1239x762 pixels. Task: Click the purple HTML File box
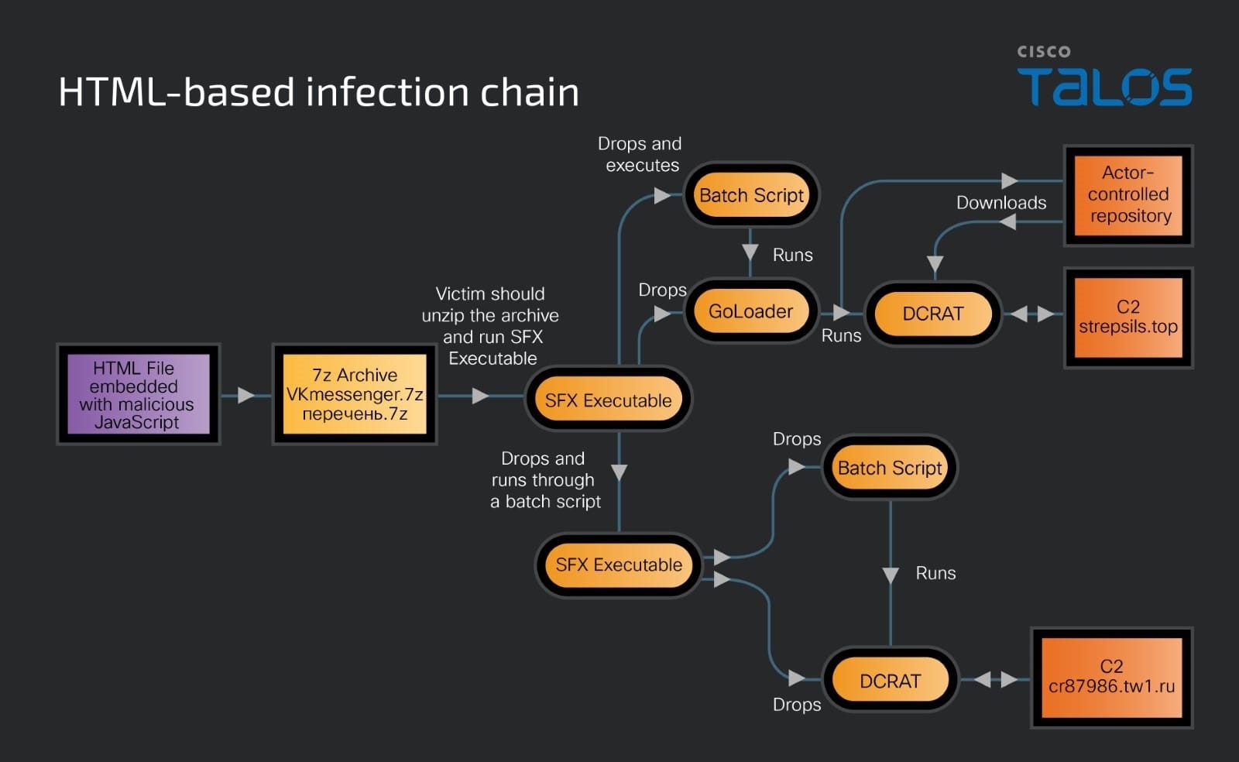coord(138,394)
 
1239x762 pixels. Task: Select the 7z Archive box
coord(355,394)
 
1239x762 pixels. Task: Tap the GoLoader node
coord(750,311)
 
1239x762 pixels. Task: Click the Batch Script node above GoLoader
coord(751,195)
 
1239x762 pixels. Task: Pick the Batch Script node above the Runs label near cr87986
coord(890,468)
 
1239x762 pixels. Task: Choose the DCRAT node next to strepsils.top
coord(932,314)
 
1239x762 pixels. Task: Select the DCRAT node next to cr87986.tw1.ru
coord(890,681)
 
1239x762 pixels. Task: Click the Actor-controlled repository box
coord(1128,194)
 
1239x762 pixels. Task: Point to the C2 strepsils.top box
coord(1128,317)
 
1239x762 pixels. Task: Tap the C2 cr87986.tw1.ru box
coord(1111,677)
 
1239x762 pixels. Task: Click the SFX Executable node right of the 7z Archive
coord(608,400)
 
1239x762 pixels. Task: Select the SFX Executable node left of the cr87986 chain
coord(619,565)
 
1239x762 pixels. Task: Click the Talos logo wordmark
coord(1104,86)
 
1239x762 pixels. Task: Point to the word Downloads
coord(1000,203)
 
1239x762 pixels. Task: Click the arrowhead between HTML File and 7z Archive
coord(246,395)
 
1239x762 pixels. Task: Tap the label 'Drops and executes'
coord(640,154)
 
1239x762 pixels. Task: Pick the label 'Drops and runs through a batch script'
coord(544,480)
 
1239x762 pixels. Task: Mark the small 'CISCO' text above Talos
coord(1043,52)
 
